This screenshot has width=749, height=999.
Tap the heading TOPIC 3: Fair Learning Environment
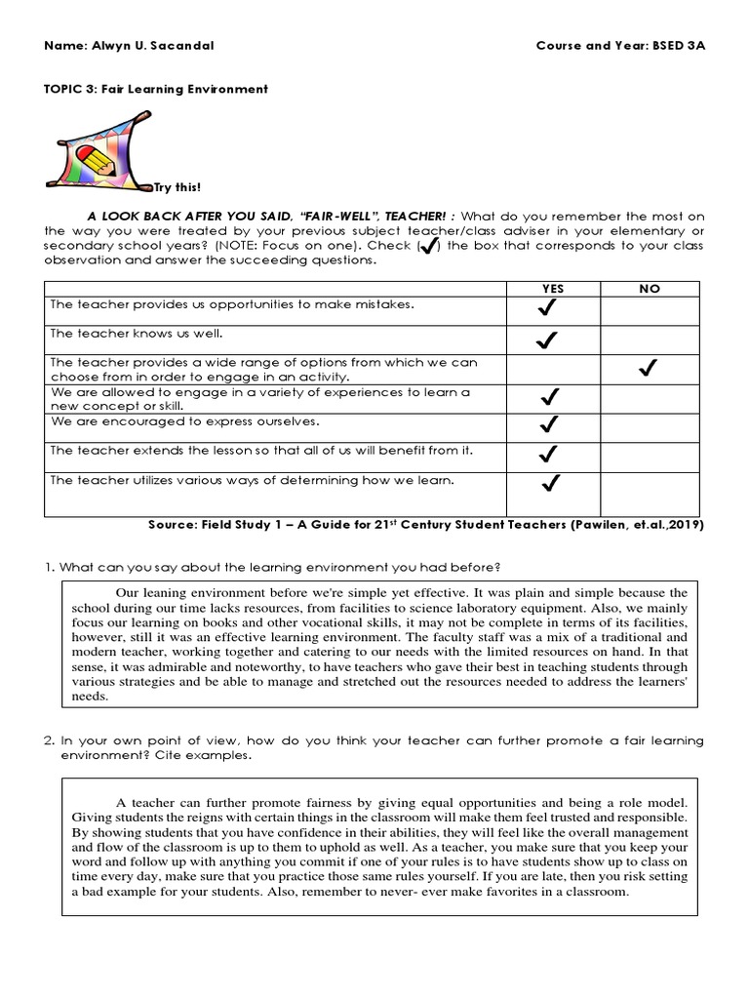tap(156, 89)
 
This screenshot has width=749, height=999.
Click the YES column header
tap(552, 289)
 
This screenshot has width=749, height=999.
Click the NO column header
tap(649, 289)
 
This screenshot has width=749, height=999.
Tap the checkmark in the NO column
tap(645, 369)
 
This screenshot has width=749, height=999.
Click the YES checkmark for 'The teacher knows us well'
tap(547, 340)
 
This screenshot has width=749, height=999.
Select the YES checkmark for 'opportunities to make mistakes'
tap(547, 310)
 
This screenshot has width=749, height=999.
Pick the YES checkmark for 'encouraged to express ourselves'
tap(548, 424)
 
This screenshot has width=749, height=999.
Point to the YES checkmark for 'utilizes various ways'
tap(550, 482)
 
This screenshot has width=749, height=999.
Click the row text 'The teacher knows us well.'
tap(124, 334)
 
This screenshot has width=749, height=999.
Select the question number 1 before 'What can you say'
tap(49, 567)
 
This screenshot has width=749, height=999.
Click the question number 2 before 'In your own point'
tap(49, 741)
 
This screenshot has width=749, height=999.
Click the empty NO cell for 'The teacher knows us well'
tap(649, 340)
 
